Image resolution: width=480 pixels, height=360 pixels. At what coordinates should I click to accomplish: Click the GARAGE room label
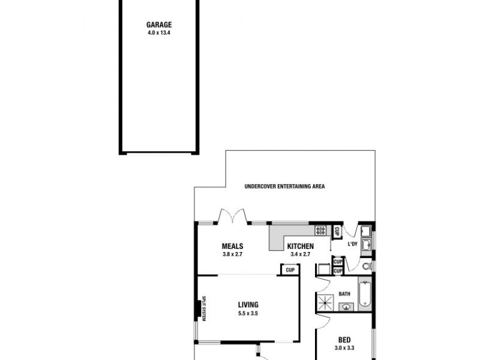tap(159, 25)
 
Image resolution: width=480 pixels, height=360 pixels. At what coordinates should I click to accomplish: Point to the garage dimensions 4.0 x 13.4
tap(159, 33)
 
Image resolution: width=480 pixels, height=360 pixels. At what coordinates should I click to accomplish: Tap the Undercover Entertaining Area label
tap(284, 187)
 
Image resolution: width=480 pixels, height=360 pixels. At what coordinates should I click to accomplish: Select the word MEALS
tap(232, 245)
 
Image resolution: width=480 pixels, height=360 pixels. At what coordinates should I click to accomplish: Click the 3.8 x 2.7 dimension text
tap(232, 254)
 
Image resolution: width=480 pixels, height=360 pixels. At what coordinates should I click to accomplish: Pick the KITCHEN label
tap(300, 247)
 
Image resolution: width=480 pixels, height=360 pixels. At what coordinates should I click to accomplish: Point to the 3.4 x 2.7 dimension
tap(300, 254)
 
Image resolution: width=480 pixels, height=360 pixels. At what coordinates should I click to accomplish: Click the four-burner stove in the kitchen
tap(320, 230)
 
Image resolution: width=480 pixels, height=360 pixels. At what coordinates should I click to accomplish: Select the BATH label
tap(344, 294)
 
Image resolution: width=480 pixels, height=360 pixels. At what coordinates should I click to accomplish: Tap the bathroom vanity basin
tap(346, 307)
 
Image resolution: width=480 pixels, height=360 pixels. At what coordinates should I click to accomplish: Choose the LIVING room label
tap(248, 305)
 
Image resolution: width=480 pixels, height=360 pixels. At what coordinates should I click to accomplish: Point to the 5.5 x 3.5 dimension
tap(248, 313)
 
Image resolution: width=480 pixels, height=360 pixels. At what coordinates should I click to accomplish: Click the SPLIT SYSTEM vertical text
tap(203, 309)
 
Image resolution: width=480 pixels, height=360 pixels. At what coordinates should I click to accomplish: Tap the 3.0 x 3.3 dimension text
tap(344, 348)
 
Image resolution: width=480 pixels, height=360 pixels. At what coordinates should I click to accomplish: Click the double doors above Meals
tap(233, 216)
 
